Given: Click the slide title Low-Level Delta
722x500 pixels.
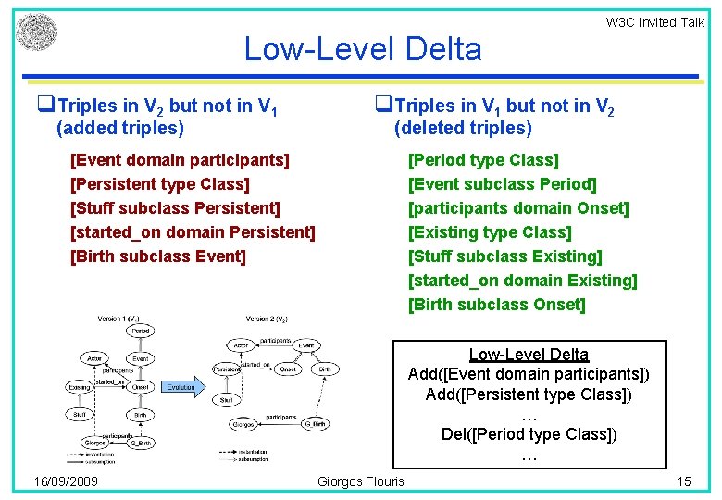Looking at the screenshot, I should click(362, 49).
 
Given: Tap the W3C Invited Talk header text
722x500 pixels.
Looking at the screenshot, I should click(654, 22).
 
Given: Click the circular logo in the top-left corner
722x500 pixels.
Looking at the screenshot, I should click(36, 31).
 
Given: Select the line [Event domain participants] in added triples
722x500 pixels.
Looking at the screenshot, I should click(180, 160).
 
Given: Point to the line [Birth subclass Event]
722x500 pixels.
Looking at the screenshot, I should click(158, 256).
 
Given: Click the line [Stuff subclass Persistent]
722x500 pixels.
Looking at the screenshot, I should click(175, 208).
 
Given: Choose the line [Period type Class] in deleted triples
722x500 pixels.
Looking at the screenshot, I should click(483, 160).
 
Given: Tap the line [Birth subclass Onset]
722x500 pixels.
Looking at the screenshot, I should click(496, 305).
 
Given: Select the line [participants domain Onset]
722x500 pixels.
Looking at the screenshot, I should click(518, 208).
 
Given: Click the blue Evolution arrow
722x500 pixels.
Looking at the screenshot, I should click(182, 386).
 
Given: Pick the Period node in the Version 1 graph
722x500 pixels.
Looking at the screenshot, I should click(141, 331).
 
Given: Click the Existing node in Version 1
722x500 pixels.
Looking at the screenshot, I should click(80, 387).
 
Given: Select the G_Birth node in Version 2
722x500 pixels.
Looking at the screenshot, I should click(314, 424).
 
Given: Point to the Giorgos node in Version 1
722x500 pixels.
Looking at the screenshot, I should click(94, 443).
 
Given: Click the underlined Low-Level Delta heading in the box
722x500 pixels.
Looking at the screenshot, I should click(529, 354).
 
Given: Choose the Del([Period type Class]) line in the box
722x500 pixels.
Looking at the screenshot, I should click(529, 434).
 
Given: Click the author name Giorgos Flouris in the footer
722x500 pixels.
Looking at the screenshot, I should click(361, 481).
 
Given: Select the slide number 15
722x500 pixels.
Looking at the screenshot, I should click(684, 481).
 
